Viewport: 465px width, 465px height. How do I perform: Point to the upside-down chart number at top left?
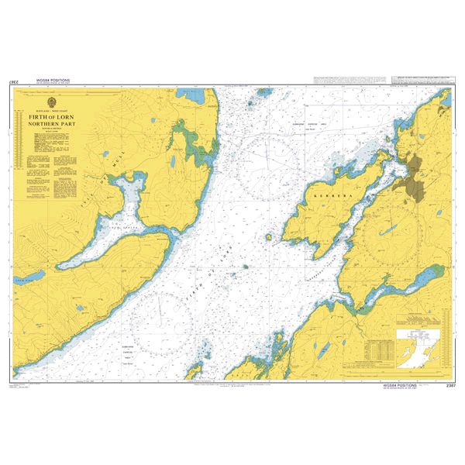14,81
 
